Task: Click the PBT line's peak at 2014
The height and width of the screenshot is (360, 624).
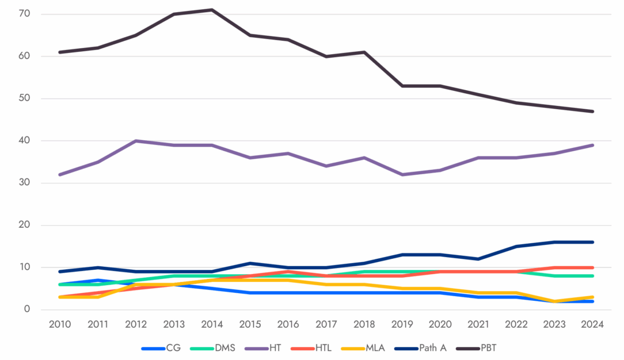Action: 212,10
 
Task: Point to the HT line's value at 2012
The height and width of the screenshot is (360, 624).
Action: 135,141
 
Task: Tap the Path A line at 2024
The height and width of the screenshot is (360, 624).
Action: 592,242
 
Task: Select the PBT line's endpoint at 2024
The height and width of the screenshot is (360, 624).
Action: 592,111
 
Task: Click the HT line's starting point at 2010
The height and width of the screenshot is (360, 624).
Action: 59,174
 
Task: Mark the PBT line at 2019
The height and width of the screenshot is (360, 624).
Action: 402,86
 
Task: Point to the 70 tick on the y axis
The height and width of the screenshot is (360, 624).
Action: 27,14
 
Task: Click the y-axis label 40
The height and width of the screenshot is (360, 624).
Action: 27,141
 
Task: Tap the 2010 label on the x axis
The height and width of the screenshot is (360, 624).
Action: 59,325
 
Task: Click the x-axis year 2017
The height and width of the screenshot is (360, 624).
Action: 326,325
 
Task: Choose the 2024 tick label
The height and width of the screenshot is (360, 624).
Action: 592,325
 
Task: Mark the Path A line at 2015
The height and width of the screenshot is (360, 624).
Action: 250,263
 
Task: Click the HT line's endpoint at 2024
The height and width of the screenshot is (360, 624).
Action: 592,145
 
